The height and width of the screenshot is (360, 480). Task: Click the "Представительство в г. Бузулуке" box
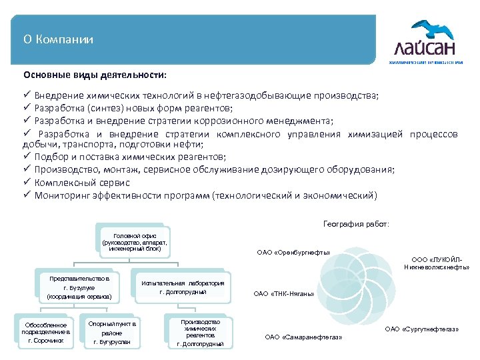point(79,285)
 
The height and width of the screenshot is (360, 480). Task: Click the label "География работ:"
point(355,224)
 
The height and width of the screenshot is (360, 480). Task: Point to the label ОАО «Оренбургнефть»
point(294,253)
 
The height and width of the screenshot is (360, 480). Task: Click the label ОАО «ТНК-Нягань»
point(285,293)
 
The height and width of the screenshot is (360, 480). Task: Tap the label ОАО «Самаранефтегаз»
point(303,337)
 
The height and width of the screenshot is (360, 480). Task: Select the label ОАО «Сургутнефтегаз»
point(422,329)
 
